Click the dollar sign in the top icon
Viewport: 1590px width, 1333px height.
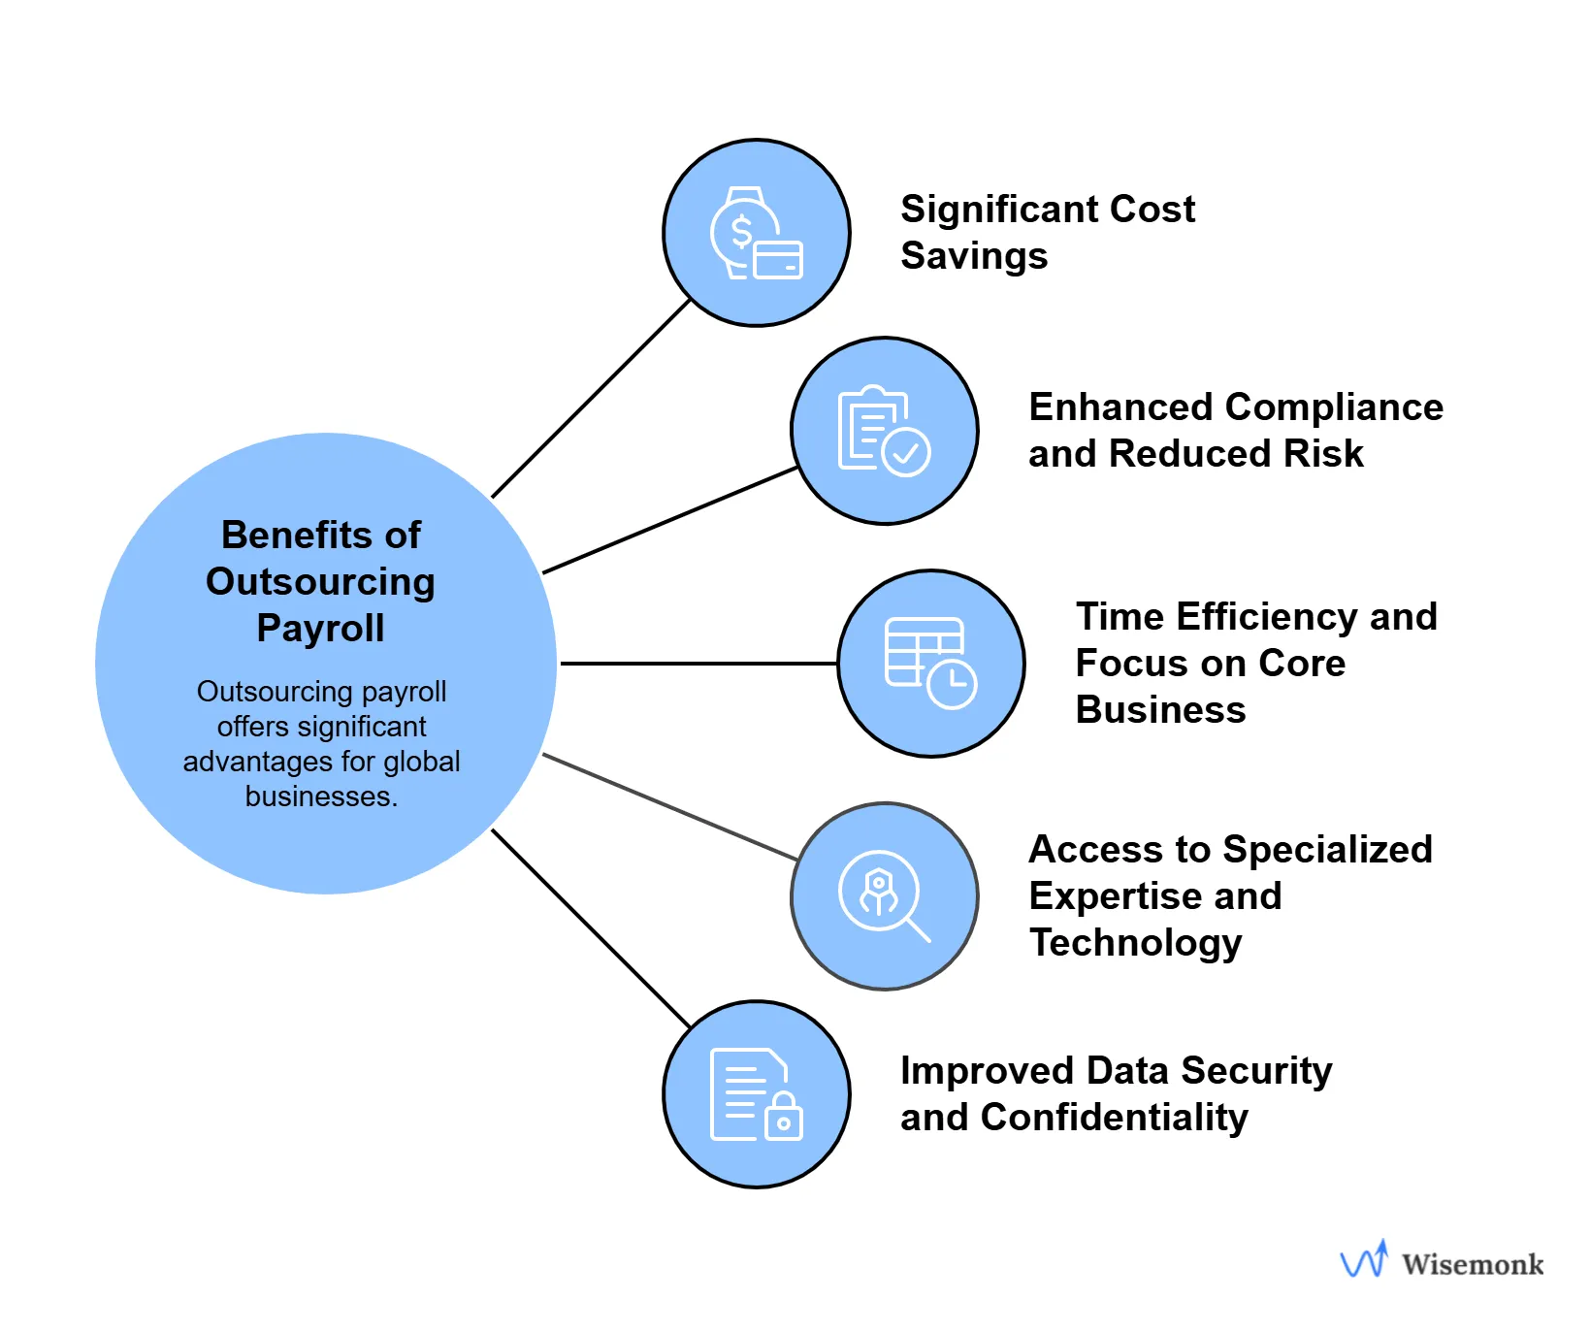tap(741, 232)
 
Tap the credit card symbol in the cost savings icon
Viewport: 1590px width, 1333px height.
tap(778, 260)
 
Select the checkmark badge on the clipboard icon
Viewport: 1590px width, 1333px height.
tap(907, 452)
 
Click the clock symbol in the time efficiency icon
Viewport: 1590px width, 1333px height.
tap(952, 684)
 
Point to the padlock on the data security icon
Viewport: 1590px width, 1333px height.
tap(784, 1118)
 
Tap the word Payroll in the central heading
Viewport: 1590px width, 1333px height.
tap(320, 629)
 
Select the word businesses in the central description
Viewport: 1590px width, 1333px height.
tap(320, 797)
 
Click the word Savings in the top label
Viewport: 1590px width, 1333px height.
tap(974, 256)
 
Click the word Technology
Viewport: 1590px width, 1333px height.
tap(1135, 943)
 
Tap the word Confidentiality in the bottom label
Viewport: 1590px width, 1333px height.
tap(1114, 1118)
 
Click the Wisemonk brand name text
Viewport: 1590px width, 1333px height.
tap(1472, 1264)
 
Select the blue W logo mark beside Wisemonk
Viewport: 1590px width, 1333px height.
tap(1364, 1259)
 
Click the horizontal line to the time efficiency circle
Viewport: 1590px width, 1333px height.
tap(698, 664)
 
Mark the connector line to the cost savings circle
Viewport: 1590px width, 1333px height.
tap(592, 399)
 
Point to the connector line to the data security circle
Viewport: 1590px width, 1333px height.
tap(592, 928)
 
